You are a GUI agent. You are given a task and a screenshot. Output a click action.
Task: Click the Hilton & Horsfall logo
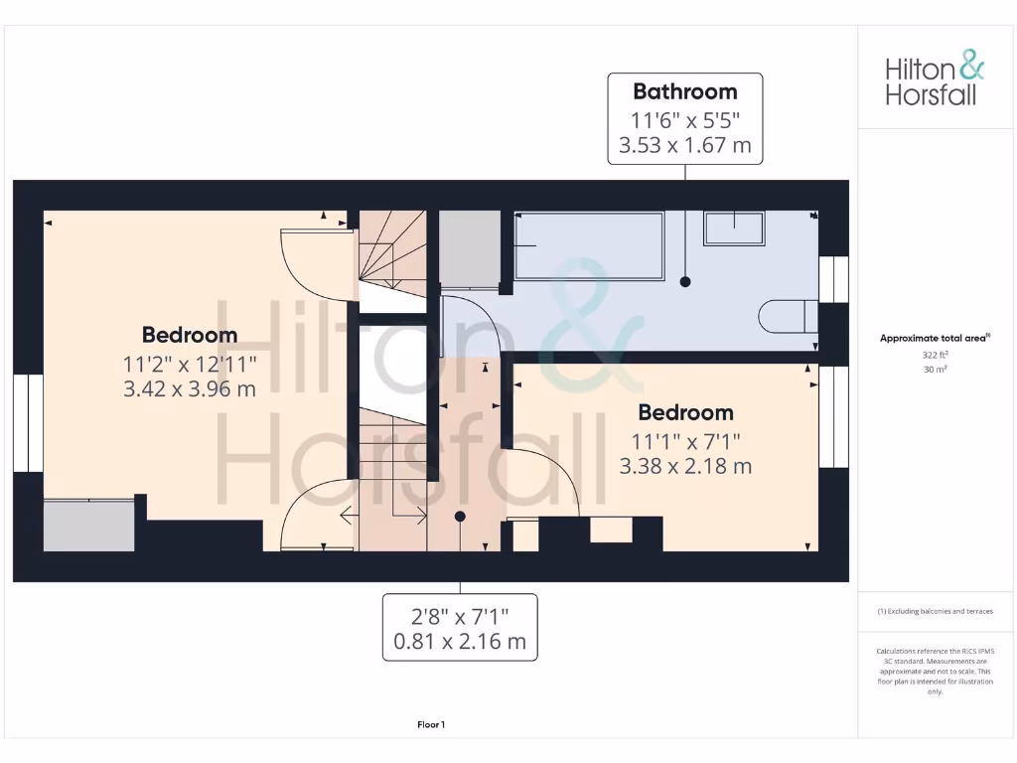(x=935, y=81)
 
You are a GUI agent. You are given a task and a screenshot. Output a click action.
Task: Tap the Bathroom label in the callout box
(x=685, y=91)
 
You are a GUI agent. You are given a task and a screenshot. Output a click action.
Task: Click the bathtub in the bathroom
(x=589, y=245)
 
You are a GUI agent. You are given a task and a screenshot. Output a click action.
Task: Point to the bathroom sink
(x=735, y=228)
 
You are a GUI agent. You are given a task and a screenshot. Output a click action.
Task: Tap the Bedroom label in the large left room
(x=190, y=335)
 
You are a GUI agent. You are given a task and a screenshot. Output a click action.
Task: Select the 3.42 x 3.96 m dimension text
(x=190, y=388)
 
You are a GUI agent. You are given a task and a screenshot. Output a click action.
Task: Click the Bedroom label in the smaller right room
(x=685, y=412)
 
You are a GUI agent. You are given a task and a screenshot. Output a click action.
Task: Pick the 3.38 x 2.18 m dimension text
(x=685, y=465)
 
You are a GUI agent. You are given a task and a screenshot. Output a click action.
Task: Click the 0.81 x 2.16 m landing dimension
(x=460, y=642)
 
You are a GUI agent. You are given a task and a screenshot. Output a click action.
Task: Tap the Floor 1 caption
(x=431, y=725)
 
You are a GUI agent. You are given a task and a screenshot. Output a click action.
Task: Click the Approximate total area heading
(x=935, y=339)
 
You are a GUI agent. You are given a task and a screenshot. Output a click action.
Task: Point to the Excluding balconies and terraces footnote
(x=935, y=611)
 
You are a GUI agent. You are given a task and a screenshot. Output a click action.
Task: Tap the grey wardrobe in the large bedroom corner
(x=89, y=526)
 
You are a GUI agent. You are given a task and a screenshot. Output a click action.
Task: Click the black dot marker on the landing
(x=460, y=517)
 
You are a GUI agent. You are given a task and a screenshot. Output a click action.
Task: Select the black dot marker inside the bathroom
(x=685, y=282)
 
